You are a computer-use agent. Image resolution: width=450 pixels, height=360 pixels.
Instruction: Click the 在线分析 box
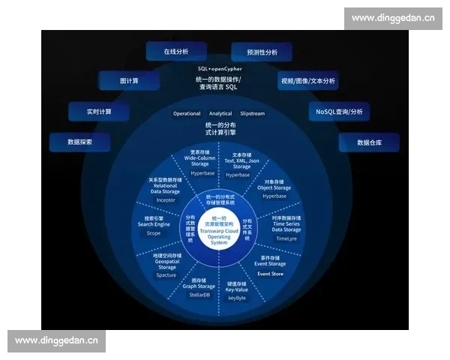(x=175, y=52)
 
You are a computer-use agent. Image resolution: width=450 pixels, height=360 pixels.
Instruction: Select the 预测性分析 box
(x=262, y=52)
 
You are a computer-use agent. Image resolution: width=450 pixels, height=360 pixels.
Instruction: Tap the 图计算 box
(x=129, y=80)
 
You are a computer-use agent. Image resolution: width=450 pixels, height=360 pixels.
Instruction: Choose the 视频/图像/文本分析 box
(x=308, y=81)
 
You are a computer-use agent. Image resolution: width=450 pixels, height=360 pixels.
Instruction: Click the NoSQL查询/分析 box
(x=338, y=112)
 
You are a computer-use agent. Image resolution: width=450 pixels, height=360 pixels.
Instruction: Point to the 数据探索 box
(x=79, y=142)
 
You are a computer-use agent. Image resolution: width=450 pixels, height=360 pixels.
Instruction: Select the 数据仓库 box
(x=369, y=142)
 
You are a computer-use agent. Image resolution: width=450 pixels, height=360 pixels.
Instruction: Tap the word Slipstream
(x=253, y=114)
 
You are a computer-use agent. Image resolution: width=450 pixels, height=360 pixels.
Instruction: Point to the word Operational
(x=187, y=114)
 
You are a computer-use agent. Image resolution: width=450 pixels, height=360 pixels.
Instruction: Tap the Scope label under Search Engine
(x=153, y=233)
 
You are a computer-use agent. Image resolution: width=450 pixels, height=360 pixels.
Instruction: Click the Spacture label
(x=166, y=275)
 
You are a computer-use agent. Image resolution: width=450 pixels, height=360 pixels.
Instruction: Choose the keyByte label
(x=236, y=298)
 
